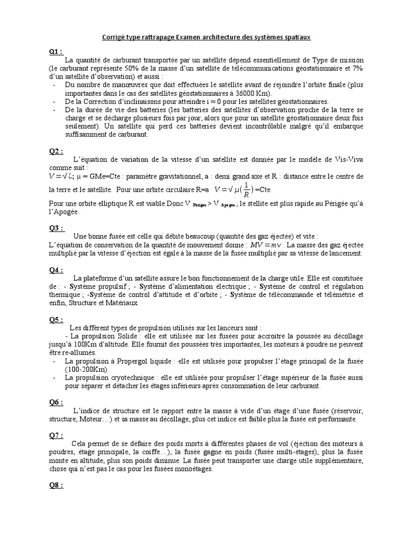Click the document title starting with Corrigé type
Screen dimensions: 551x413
coord(206,37)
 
